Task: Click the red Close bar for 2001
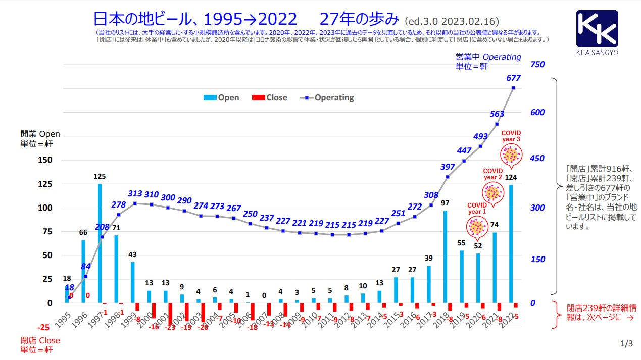(170, 314)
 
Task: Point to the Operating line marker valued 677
(513, 88)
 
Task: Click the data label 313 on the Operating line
(135, 193)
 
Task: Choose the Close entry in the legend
(269, 98)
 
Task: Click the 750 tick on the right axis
(537, 65)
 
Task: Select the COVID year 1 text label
(477, 209)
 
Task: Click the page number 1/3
(626, 344)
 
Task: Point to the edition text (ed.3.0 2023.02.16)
(452, 22)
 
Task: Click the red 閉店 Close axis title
(40, 344)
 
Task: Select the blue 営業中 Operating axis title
(488, 61)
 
